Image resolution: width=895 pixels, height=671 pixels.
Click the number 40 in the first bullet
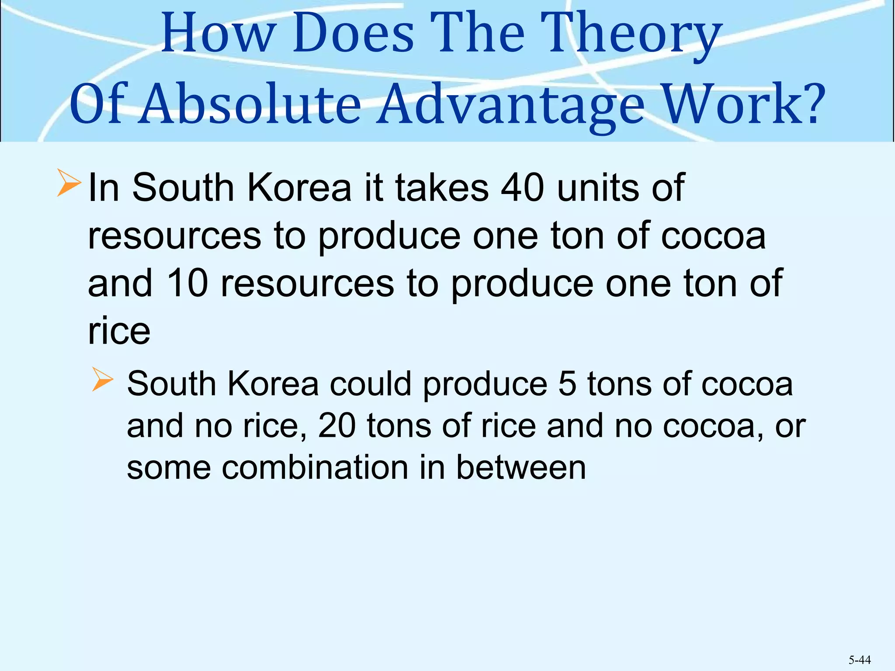523,188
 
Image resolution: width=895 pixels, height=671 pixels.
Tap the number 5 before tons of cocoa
567,384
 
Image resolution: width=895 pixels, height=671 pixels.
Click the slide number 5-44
860,660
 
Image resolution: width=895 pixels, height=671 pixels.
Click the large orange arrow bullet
69,184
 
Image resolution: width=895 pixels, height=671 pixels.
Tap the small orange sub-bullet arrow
102,379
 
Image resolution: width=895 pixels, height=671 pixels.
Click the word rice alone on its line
119,331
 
